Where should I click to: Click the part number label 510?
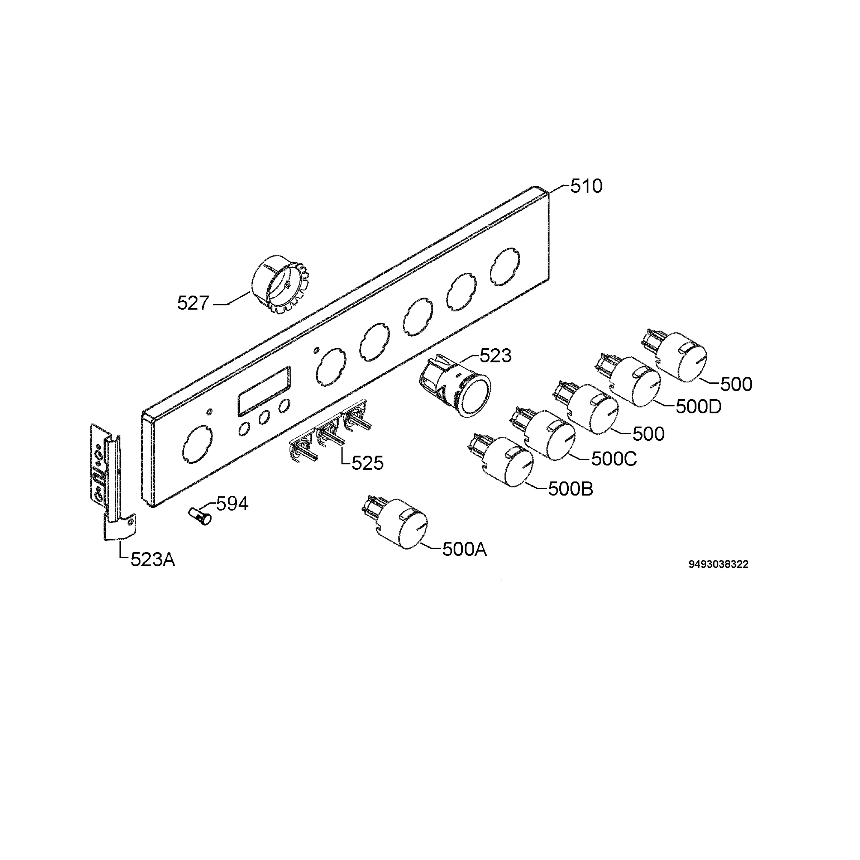(x=586, y=186)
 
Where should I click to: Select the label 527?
(x=193, y=303)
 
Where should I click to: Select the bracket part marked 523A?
(x=113, y=482)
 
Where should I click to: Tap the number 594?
(x=232, y=504)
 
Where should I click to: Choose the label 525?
(x=367, y=463)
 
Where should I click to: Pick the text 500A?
(x=464, y=550)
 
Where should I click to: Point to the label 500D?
(x=698, y=407)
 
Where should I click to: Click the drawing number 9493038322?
(x=718, y=564)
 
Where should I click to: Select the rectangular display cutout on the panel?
(x=264, y=391)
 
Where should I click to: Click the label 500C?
(x=614, y=459)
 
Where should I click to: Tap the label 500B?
(x=570, y=489)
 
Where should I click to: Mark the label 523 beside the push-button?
(x=496, y=356)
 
